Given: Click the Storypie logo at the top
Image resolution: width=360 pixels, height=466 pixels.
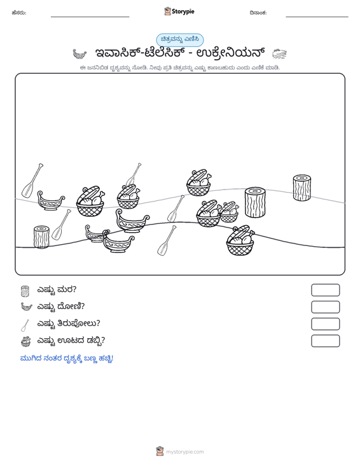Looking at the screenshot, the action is coord(179,11).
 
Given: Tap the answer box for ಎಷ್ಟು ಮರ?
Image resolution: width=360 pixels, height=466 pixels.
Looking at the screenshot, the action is coord(325,290).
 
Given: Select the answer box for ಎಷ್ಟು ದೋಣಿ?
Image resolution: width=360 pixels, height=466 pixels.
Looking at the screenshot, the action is coord(325,307).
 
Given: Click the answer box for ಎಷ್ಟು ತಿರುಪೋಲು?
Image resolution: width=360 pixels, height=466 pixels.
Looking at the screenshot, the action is coord(325,324).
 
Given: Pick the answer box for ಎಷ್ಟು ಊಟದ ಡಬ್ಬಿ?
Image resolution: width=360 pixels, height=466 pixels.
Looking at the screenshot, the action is coord(325,341).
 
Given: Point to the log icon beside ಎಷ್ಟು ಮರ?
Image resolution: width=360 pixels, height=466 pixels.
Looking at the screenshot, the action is coord(25,291).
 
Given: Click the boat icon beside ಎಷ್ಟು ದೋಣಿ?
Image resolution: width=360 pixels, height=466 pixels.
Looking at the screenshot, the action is coord(26,306).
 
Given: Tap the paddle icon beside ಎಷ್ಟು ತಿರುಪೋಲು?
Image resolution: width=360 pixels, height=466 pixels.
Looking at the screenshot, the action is coord(25,325).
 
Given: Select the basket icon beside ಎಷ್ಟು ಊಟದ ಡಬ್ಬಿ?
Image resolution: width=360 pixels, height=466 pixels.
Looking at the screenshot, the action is coord(26,341).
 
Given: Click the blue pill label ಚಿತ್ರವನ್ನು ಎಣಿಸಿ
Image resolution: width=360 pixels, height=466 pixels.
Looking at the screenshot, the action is coord(180,40).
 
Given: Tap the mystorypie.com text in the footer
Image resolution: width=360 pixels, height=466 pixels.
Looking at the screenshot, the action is coord(184,452).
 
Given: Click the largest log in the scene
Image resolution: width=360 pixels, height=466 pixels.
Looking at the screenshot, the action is coord(255,202).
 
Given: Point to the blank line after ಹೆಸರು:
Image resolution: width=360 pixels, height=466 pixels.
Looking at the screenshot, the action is coord(90,17).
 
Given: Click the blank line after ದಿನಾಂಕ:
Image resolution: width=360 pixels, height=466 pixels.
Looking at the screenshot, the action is coord(317,17).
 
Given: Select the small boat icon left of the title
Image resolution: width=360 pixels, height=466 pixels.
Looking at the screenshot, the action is coord(80,54).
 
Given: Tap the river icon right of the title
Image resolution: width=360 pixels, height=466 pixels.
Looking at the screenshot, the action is coord(279,54).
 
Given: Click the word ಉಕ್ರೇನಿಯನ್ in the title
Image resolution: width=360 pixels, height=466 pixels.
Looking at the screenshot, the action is coord(231,53).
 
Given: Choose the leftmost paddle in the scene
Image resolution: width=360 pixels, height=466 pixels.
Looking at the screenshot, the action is coord(32,180).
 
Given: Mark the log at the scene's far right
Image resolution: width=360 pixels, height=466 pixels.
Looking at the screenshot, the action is coord(301,188).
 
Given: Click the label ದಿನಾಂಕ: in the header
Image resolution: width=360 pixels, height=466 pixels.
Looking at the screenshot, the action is coord(258,13).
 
